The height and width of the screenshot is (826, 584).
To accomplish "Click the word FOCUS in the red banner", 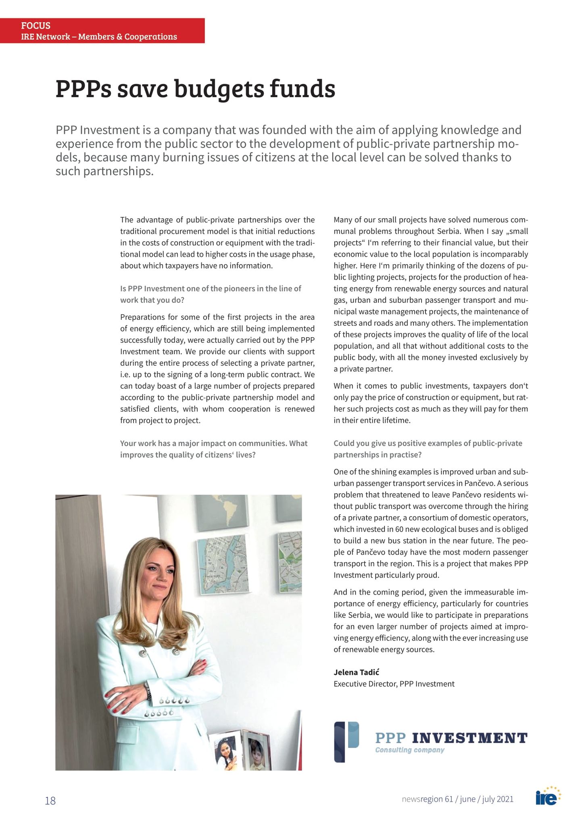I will tap(36, 26).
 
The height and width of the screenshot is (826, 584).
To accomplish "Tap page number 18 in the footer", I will tap(50, 800).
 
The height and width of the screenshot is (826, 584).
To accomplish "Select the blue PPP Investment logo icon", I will tap(346, 742).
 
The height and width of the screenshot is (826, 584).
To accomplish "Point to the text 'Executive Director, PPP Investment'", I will tap(394, 684).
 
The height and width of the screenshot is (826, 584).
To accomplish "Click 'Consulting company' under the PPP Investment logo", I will tap(409, 750).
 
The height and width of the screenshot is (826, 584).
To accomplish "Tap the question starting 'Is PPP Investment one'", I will tap(211, 294).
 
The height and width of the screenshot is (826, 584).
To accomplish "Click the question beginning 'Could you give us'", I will tap(428, 449).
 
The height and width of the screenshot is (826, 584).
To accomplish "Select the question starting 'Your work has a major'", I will tap(214, 449).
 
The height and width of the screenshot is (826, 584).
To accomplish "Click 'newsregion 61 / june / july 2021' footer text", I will tap(457, 799).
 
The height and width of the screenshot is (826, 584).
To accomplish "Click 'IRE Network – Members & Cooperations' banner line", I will tap(99, 37).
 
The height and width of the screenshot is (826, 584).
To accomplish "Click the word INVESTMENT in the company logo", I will tap(469, 738).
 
